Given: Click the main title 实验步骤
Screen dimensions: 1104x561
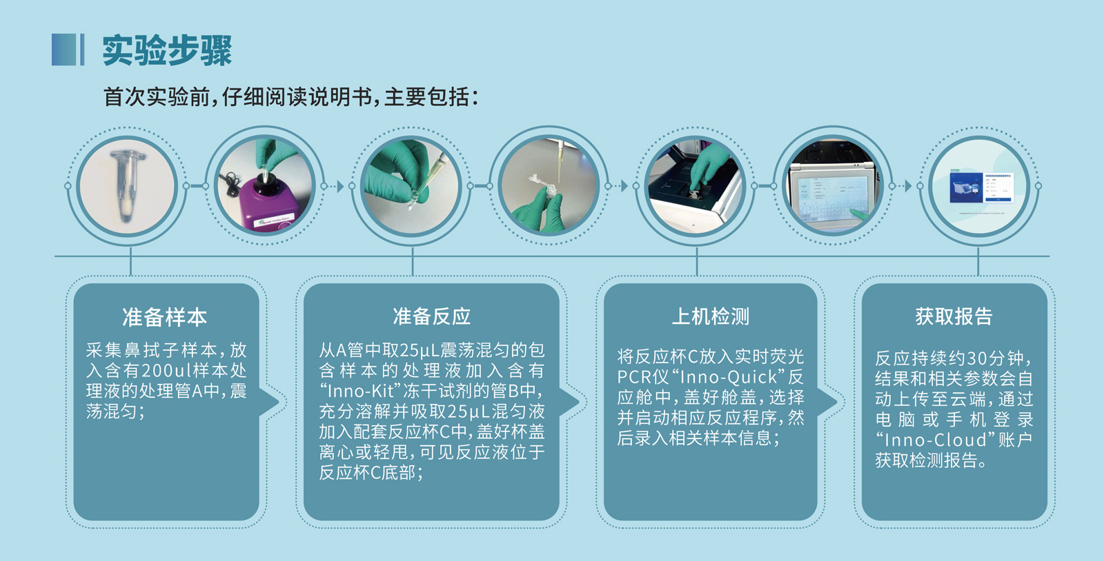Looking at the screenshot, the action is click(x=166, y=50).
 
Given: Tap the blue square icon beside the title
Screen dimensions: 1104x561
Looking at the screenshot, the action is click(x=64, y=50).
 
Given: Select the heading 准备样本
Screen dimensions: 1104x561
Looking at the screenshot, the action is click(x=165, y=318).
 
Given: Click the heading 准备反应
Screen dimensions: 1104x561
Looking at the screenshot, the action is click(x=431, y=316).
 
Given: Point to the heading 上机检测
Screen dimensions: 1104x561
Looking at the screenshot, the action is click(x=710, y=316).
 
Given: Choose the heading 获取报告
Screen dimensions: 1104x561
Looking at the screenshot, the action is click(x=954, y=316).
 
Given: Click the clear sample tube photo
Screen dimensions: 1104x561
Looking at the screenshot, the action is click(x=127, y=186).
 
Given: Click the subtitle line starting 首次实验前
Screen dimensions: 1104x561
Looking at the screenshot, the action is click(x=290, y=97).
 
